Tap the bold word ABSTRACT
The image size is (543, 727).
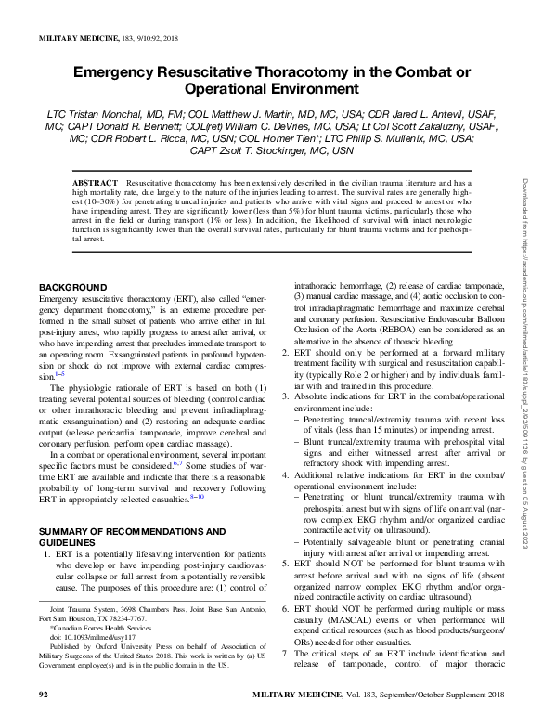[96, 185]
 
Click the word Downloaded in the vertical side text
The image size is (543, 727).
[524, 203]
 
